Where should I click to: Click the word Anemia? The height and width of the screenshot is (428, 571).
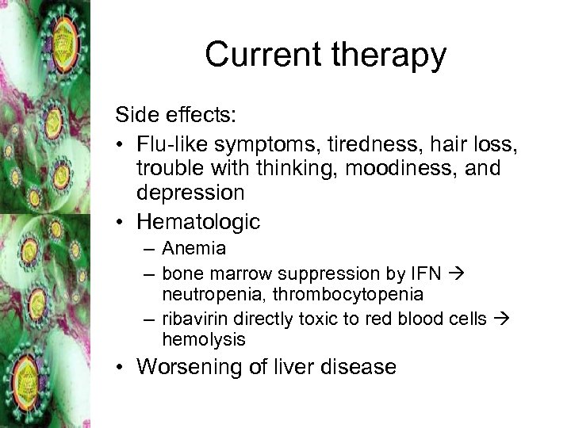pos(194,249)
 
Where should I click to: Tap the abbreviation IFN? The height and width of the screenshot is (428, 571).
pos(427,273)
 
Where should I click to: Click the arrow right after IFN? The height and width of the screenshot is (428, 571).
pos(458,273)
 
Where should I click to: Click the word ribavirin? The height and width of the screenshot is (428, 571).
pos(190,319)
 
